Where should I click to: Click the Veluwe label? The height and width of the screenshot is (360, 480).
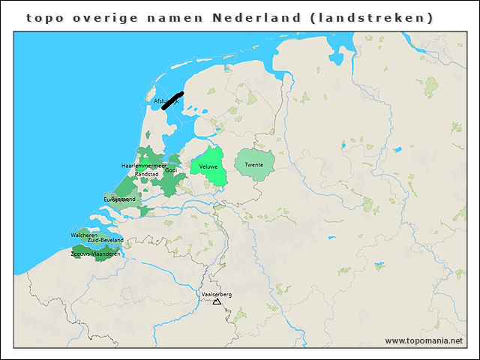click(208, 166)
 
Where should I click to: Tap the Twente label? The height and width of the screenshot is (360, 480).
click(254, 164)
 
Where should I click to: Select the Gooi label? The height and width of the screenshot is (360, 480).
click(171, 170)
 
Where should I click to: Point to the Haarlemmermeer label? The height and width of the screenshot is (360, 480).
click(144, 165)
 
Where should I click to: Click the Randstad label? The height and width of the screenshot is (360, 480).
click(147, 174)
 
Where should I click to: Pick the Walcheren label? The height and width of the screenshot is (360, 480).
click(84, 235)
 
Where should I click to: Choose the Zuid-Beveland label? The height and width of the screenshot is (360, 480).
click(105, 240)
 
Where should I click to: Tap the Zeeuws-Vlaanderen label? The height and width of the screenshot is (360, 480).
click(95, 253)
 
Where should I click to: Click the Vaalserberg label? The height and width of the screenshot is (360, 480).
click(217, 295)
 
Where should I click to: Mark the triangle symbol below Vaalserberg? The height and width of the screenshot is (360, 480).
click(217, 301)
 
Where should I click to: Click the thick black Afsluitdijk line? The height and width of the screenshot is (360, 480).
click(172, 101)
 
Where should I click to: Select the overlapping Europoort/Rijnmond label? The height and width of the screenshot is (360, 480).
click(120, 199)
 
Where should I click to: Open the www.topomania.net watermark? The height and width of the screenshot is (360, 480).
click(424, 340)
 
